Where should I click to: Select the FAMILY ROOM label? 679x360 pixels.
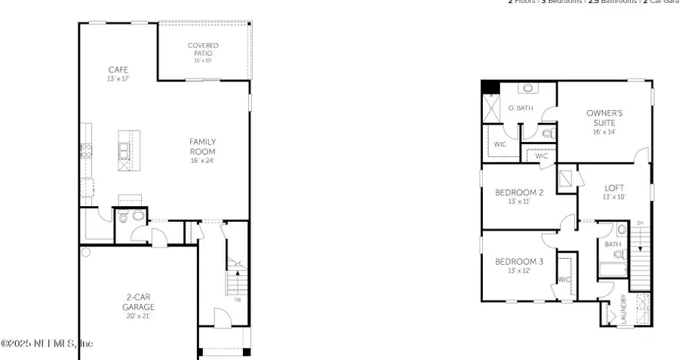click(203, 146)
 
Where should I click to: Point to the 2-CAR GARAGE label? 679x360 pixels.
click(138, 302)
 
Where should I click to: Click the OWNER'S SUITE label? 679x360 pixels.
click(604, 118)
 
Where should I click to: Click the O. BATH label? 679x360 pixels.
click(521, 109)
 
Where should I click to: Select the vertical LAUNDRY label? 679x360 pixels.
click(623, 309)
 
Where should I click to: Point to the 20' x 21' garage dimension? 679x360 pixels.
click(138, 316)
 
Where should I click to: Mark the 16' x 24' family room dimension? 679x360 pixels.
click(203, 161)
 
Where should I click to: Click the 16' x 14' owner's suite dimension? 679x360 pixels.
click(604, 132)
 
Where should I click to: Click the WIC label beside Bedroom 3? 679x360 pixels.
click(564, 278)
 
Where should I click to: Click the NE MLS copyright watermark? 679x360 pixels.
click(47, 343)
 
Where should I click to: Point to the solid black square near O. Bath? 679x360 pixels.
click(490, 87)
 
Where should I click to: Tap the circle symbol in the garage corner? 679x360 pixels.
click(86, 253)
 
